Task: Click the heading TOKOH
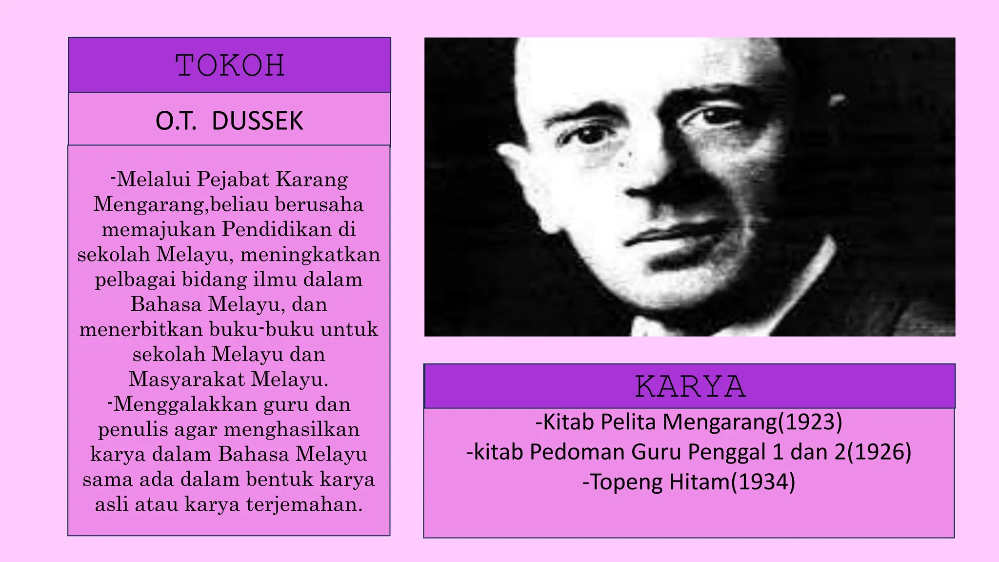click(230, 65)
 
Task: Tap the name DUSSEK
click(258, 121)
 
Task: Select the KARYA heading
click(690, 387)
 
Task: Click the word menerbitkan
click(141, 329)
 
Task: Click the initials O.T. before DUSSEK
click(176, 121)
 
